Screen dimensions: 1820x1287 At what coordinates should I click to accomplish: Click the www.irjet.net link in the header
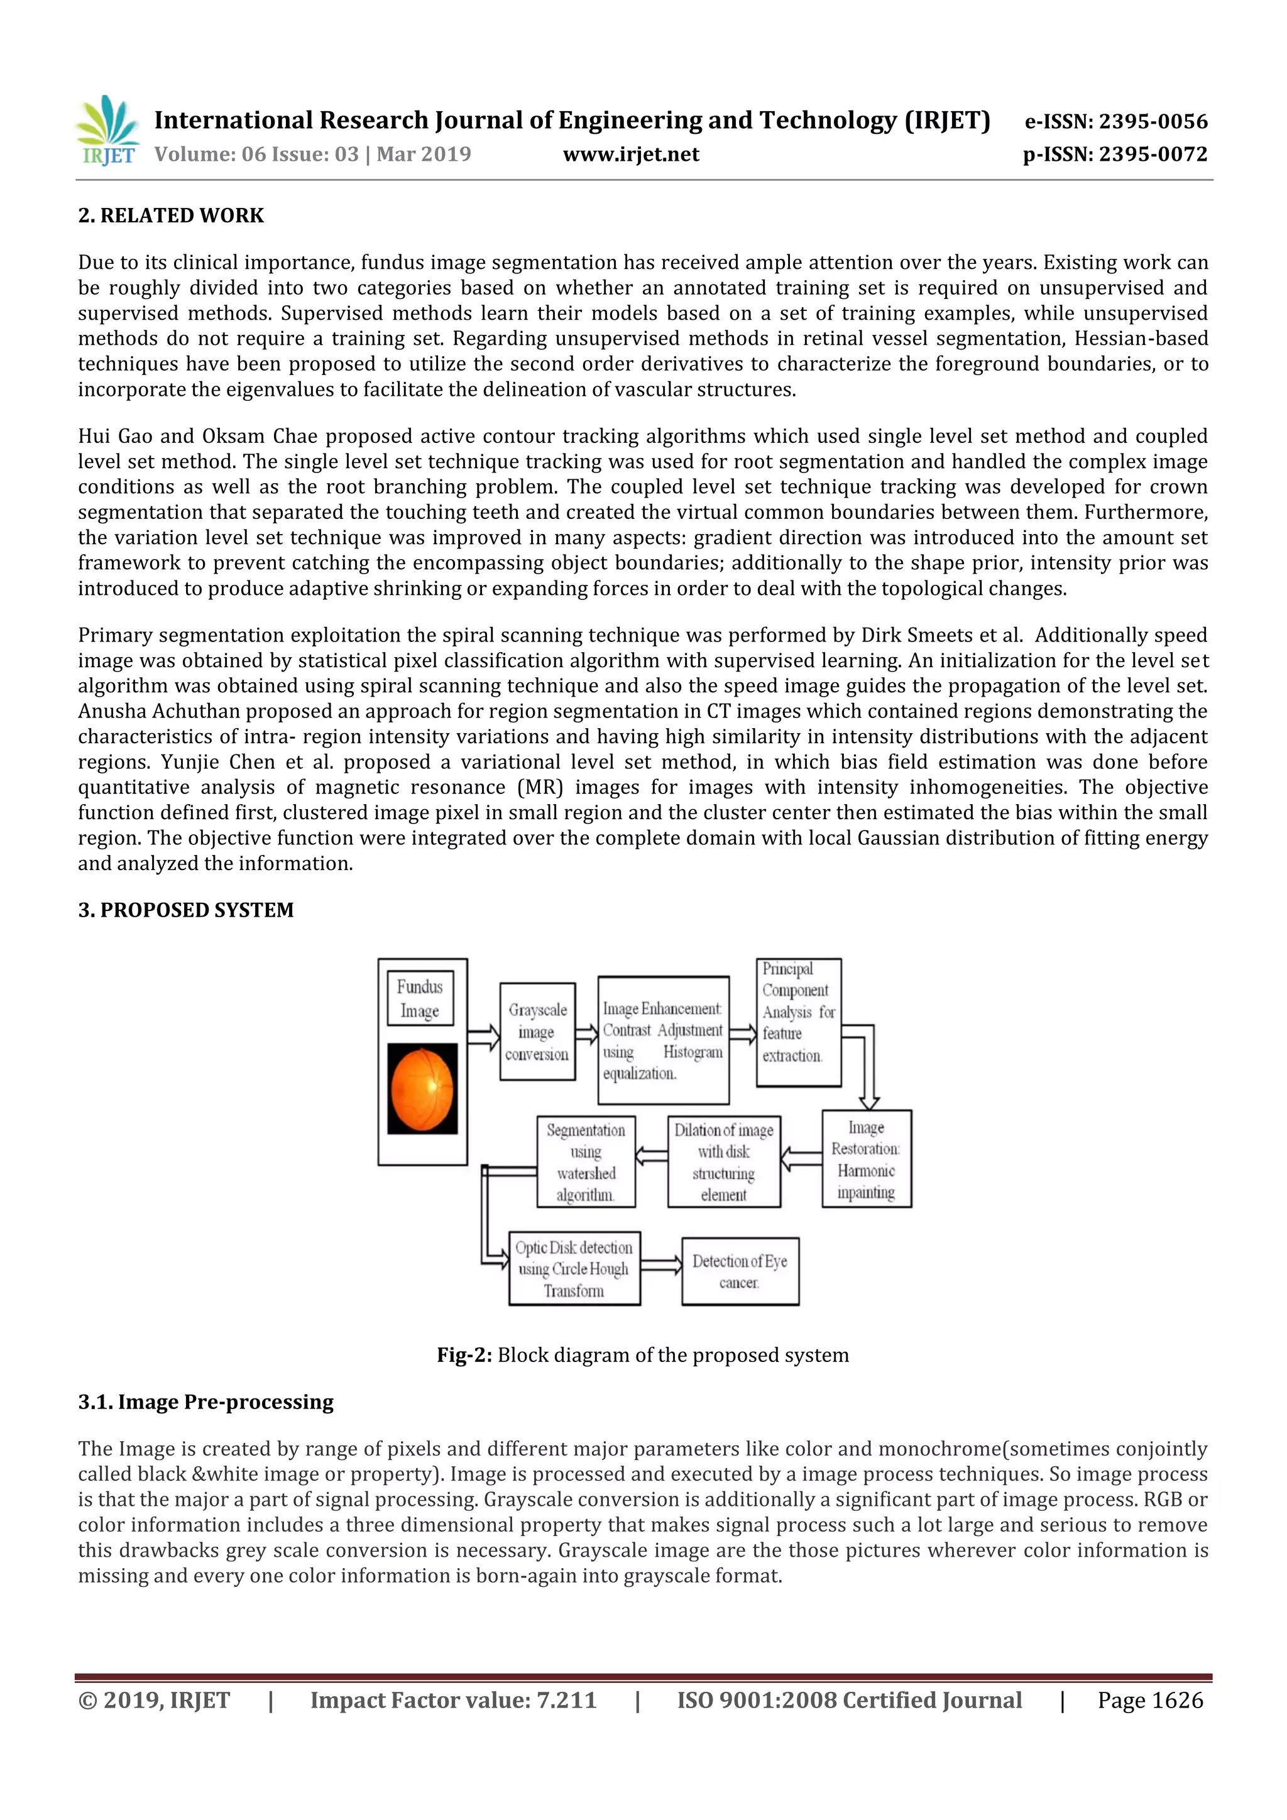pos(630,155)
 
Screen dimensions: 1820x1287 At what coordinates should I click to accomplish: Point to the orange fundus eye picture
pos(422,1087)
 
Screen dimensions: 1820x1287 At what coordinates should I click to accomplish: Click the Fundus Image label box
pos(420,999)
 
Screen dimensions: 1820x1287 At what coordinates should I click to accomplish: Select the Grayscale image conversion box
pos(537,1032)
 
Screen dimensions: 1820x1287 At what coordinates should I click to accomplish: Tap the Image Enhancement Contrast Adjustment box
pos(662,1040)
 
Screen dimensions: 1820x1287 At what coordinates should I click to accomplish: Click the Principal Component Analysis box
pos(797,1022)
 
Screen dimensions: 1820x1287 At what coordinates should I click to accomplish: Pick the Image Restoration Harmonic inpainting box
pos(866,1159)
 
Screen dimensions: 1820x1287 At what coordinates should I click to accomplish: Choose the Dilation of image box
pos(723,1162)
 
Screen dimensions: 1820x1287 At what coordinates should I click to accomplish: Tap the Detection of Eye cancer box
pos(739,1272)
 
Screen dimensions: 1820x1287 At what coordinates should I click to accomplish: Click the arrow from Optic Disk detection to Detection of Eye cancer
pos(660,1265)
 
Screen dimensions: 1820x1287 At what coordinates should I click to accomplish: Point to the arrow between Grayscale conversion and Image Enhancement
pos(586,1033)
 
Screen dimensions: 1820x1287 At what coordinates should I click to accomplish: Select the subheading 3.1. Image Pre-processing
pos(205,1402)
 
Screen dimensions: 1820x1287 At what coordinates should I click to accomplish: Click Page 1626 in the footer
pos(1150,1699)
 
